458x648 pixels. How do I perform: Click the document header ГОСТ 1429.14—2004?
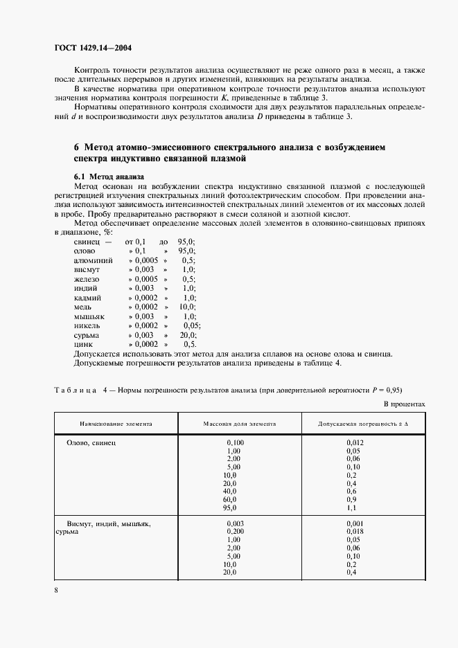[93, 48]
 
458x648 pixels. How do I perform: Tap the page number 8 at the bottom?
[56, 590]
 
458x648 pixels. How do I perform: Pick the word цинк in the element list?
[83, 344]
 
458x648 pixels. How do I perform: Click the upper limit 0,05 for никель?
[192, 325]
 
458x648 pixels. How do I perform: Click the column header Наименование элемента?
[116, 422]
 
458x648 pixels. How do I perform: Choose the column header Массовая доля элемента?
[240, 422]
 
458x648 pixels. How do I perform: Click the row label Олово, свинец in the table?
[91, 441]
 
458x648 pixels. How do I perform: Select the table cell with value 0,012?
[355, 442]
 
